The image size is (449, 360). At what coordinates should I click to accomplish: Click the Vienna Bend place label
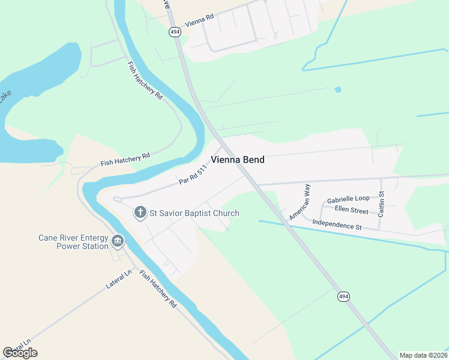[237, 160]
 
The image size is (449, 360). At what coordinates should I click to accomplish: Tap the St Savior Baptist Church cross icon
[140, 212]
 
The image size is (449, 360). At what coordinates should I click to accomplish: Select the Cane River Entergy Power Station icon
[117, 242]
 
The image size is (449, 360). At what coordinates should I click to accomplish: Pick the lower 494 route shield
[343, 296]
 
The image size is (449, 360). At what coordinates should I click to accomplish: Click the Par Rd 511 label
[193, 176]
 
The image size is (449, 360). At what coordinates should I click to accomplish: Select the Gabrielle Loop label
[348, 199]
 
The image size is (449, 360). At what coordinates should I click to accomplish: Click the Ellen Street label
[351, 211]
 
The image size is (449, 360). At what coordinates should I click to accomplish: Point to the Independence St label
[337, 226]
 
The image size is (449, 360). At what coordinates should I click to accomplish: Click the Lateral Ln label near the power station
[119, 280]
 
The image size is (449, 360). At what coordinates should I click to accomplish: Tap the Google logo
[20, 353]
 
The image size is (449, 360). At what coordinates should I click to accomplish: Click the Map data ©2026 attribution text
[423, 355]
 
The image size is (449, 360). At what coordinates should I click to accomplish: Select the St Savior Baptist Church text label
[194, 213]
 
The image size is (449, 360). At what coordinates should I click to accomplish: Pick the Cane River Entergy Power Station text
[73, 241]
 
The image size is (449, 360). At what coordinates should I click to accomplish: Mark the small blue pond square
[338, 89]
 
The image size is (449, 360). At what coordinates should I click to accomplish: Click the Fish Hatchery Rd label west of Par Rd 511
[125, 159]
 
